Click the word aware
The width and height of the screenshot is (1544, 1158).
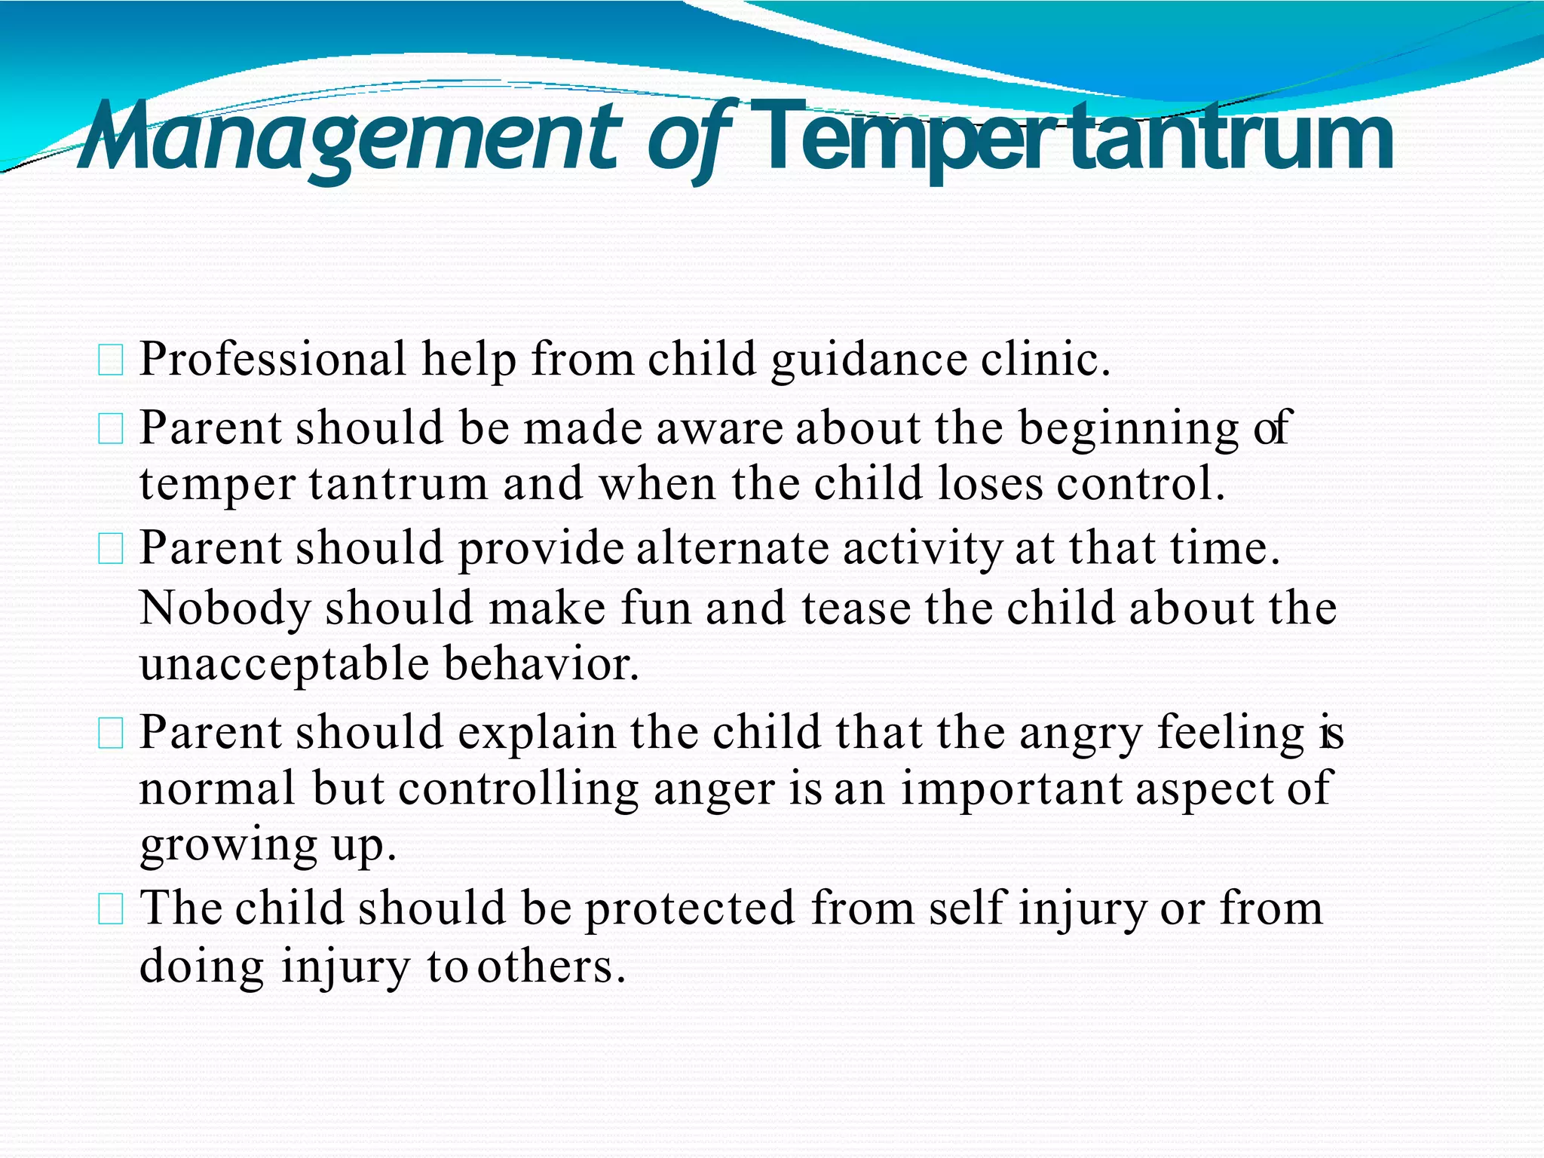[720, 428]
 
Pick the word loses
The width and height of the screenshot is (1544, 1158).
[991, 483]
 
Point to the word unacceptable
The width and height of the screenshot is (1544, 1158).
[284, 665]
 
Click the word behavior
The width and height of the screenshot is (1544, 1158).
[541, 663]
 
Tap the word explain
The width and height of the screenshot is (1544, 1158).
[536, 734]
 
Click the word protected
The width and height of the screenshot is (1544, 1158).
[690, 908]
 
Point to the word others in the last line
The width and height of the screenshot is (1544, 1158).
[551, 967]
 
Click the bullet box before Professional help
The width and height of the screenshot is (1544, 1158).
[111, 360]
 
